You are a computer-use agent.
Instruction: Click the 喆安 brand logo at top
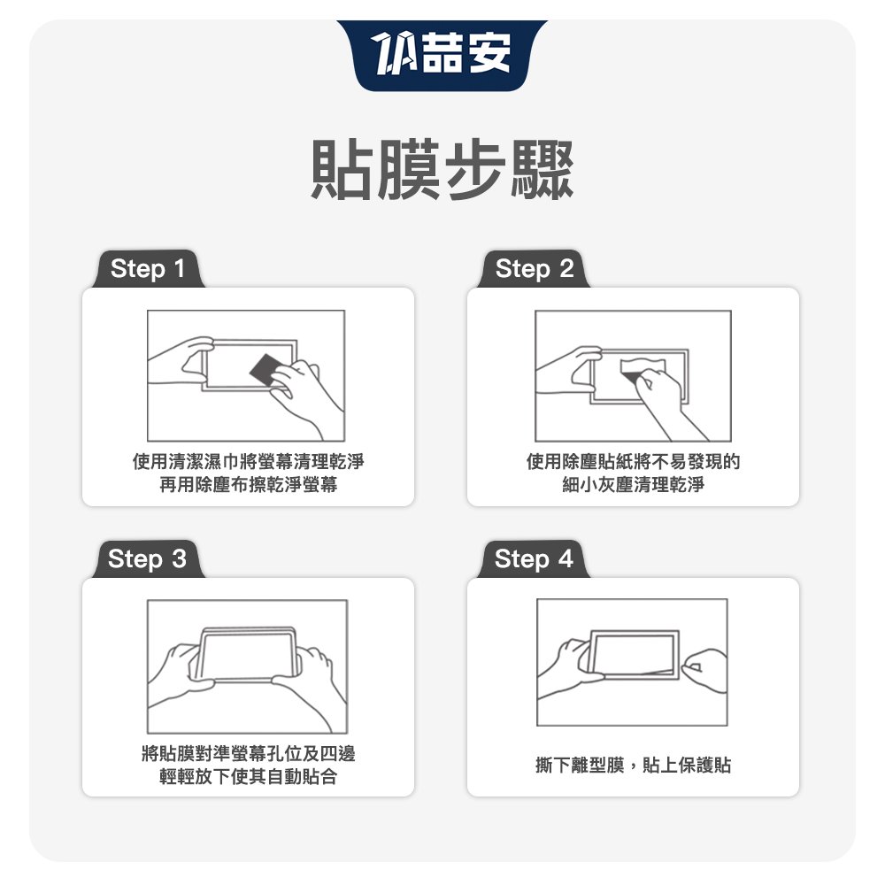coord(442,54)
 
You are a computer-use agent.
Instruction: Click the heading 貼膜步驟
coord(442,170)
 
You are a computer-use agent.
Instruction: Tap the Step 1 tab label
coord(147,269)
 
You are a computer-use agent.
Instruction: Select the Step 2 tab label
coord(534,269)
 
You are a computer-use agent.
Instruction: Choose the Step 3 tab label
coord(147,559)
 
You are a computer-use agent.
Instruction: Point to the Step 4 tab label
coord(534,559)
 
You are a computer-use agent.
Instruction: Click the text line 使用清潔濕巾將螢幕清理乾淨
coord(249,461)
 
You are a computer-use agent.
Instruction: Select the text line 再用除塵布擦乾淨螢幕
coord(249,484)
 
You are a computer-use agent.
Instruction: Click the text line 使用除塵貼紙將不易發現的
coord(633,461)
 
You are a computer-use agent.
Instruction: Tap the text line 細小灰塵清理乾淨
coord(633,484)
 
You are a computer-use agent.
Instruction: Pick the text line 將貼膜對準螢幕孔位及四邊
coord(249,753)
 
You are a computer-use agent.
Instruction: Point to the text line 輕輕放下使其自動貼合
coord(249,776)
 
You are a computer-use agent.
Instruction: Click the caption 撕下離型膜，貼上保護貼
coord(633,765)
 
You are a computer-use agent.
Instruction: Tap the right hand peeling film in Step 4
coord(705,672)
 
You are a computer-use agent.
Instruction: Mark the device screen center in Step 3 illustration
coord(247,655)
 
